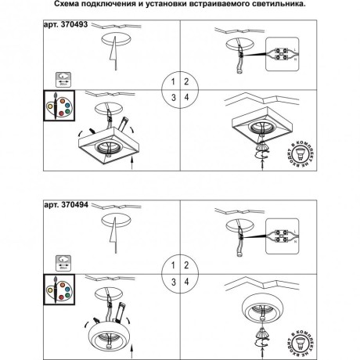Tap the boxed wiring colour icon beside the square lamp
[57, 111]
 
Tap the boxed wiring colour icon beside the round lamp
[57, 293]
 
